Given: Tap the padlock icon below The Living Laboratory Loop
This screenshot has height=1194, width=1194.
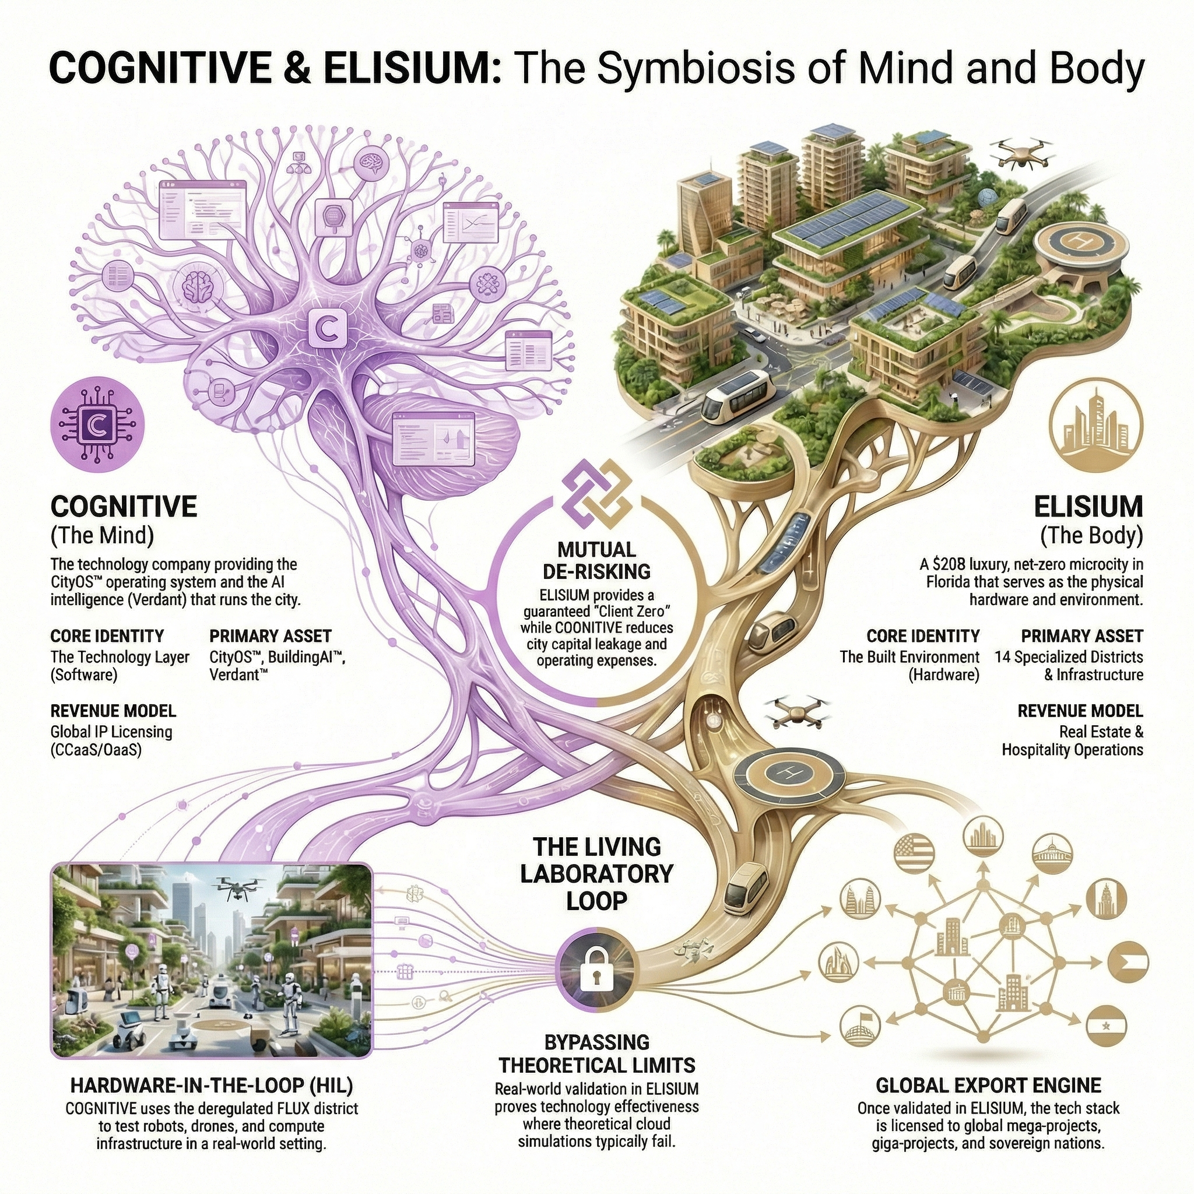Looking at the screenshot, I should pyautogui.click(x=596, y=969).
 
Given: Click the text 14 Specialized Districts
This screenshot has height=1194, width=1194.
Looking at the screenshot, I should pyautogui.click(x=1069, y=656).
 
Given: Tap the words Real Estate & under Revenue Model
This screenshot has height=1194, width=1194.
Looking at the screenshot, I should pyautogui.click(x=1101, y=732).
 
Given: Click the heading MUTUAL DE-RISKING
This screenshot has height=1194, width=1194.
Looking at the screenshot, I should pyautogui.click(x=596, y=560).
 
